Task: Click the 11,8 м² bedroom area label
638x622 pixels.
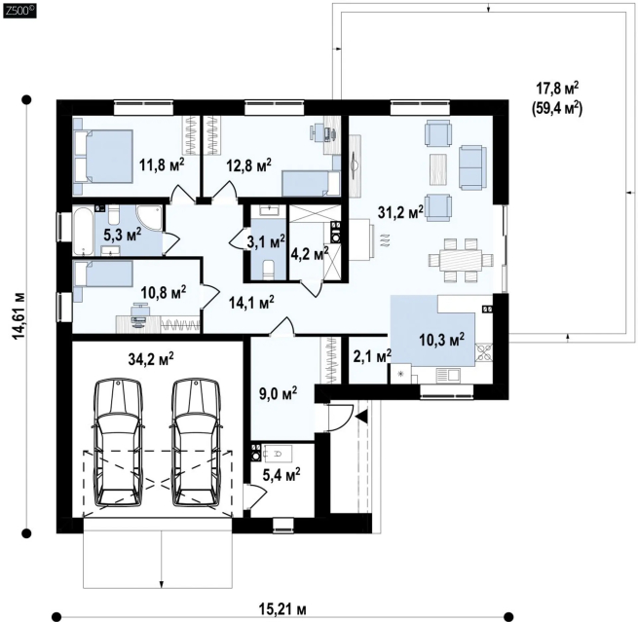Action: [162, 165]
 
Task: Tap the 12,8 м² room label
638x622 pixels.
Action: [248, 165]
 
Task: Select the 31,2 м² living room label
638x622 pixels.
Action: [400, 211]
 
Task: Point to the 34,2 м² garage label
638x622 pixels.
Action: [151, 358]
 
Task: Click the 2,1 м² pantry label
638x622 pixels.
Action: [370, 356]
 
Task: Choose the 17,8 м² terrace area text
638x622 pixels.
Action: [557, 88]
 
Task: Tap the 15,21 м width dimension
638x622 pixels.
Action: [282, 609]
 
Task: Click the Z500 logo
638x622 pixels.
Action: [19, 11]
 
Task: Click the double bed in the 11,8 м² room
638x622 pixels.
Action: [103, 157]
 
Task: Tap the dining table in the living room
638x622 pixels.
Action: [461, 260]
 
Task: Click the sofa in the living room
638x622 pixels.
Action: [472, 167]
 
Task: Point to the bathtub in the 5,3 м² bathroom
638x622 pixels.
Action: [84, 231]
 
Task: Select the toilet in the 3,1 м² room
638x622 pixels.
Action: [270, 271]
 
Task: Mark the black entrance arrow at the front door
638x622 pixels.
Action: [361, 417]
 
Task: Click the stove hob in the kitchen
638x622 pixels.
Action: [484, 352]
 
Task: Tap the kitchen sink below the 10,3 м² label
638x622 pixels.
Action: [448, 375]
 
